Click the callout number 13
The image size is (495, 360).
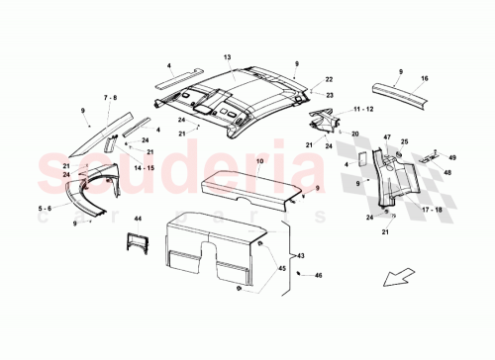[226, 58]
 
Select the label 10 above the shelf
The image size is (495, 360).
[231, 160]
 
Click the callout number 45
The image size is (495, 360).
[280, 267]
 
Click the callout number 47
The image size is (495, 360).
[388, 137]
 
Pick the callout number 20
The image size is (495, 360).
[353, 134]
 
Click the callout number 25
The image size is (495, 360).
[403, 141]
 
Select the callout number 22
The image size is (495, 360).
[329, 79]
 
